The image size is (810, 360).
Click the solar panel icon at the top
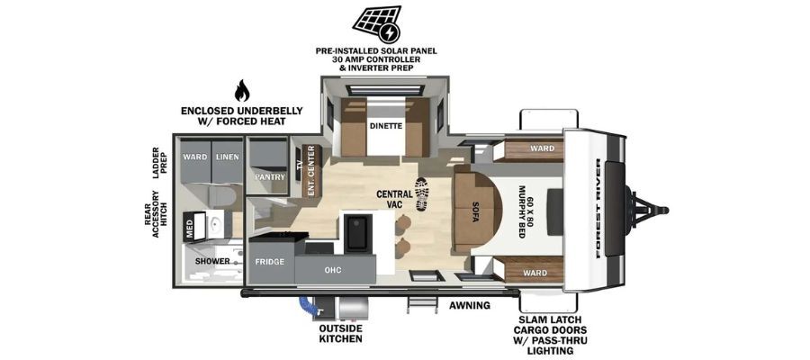[x=376, y=24]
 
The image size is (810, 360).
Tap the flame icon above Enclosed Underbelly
[x=242, y=91]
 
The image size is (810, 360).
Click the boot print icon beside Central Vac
[x=421, y=193]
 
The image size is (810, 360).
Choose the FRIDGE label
[x=270, y=262]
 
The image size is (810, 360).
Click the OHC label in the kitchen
[x=333, y=270]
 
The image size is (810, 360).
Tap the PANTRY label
[x=270, y=176]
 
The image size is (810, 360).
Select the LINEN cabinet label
[x=228, y=157]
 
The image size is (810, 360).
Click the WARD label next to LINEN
[x=195, y=157]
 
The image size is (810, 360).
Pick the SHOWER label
[x=212, y=261]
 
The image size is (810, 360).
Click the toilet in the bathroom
[x=221, y=196]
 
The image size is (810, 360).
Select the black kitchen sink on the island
[x=357, y=233]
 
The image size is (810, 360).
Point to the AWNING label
[x=469, y=305]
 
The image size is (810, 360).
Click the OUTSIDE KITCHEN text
[x=340, y=334]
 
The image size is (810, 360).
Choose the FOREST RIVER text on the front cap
[x=598, y=209]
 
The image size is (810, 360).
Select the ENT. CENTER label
[x=311, y=171]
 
